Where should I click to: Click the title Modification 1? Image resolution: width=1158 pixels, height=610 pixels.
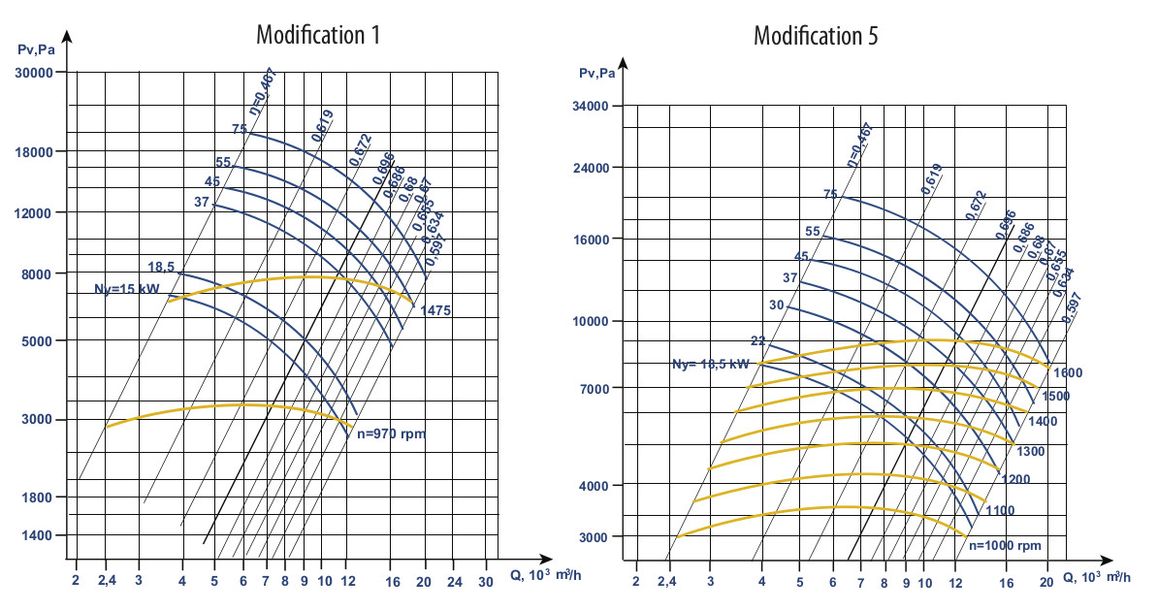[x=317, y=36]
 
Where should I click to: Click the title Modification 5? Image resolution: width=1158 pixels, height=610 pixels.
[x=817, y=36]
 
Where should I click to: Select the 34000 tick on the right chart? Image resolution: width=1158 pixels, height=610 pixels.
[x=598, y=106]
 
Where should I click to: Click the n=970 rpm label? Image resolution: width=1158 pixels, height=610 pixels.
[x=391, y=434]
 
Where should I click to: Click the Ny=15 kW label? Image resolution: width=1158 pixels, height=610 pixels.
[x=126, y=288]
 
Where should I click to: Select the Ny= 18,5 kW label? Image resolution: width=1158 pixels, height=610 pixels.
[x=711, y=364]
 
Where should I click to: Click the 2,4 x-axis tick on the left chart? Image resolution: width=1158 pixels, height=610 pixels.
[x=105, y=581]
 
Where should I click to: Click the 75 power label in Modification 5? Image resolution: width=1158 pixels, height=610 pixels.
[x=829, y=195]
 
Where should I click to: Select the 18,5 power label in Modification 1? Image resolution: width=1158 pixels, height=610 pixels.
[x=161, y=267]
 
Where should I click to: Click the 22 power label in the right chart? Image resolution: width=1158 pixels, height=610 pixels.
[x=757, y=341]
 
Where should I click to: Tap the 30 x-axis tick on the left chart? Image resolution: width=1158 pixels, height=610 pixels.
[x=486, y=581]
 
